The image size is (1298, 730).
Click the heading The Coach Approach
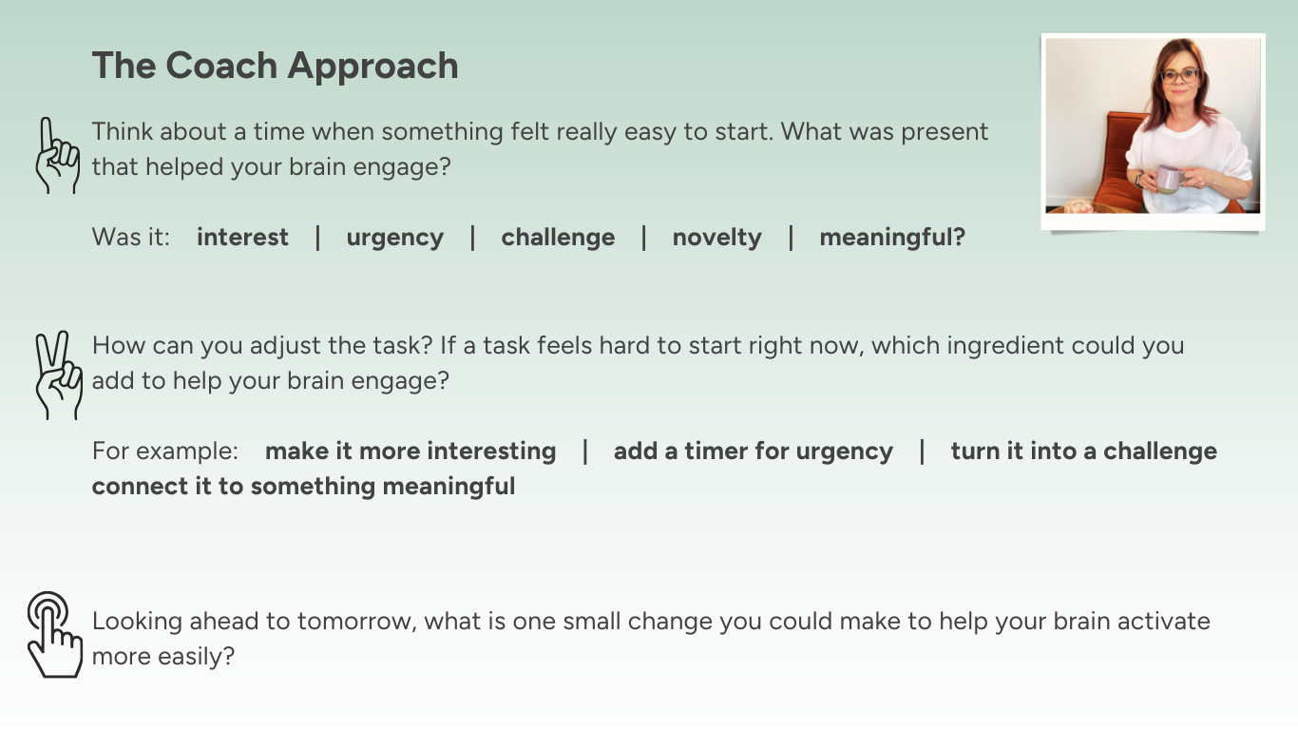click(275, 66)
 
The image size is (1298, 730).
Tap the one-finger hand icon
click(57, 157)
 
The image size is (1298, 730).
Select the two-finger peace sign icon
click(57, 375)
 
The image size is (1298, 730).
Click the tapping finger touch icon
click(53, 635)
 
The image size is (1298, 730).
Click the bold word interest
click(242, 238)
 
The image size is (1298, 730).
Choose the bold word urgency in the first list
click(394, 238)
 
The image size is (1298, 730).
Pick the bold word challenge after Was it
click(558, 238)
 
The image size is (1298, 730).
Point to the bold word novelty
click(716, 238)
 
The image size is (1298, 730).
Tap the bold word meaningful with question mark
click(891, 238)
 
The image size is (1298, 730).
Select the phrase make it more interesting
click(410, 451)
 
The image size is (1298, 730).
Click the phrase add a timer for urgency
click(753, 451)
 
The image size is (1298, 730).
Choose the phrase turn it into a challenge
click(1083, 451)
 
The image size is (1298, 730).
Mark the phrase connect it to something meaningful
click(303, 487)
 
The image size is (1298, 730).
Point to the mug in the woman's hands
click(1168, 178)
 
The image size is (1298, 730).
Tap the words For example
click(164, 451)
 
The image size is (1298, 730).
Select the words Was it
click(130, 238)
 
